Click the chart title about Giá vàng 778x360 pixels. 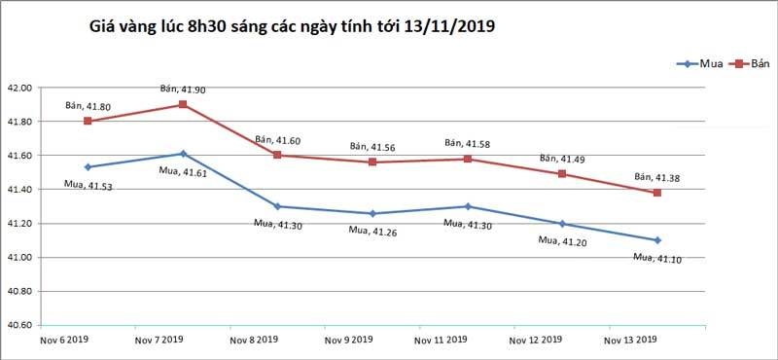[291, 27]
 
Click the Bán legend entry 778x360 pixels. [748, 63]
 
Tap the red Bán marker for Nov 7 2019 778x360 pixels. [182, 104]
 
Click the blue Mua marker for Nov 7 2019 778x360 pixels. [182, 154]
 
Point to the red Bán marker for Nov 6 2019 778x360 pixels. [88, 121]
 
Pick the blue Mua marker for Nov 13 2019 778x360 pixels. [657, 239]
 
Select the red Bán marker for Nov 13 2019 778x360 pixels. [657, 193]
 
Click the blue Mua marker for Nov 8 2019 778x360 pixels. [277, 206]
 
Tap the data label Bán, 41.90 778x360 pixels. [182, 90]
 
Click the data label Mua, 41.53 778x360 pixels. [87, 185]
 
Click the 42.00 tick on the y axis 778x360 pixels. [19, 88]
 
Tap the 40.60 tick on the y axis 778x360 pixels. [19, 325]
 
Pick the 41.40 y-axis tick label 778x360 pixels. [19, 190]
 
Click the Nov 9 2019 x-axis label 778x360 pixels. [347, 340]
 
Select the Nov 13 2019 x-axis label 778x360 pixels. [631, 340]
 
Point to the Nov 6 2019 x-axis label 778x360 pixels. [63, 340]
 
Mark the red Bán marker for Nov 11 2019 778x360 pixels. [468, 159]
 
